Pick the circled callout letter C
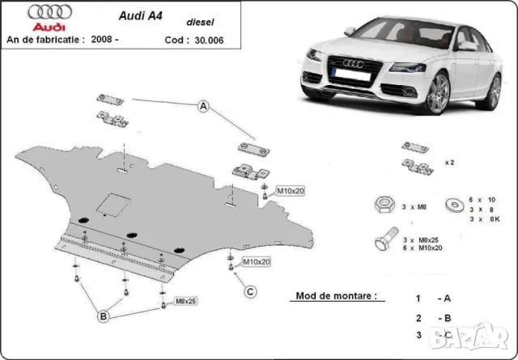click(251, 291)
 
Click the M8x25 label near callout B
click(185, 301)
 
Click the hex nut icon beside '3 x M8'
click(381, 205)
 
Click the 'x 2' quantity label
click(449, 163)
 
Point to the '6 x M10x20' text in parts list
click(429, 248)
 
